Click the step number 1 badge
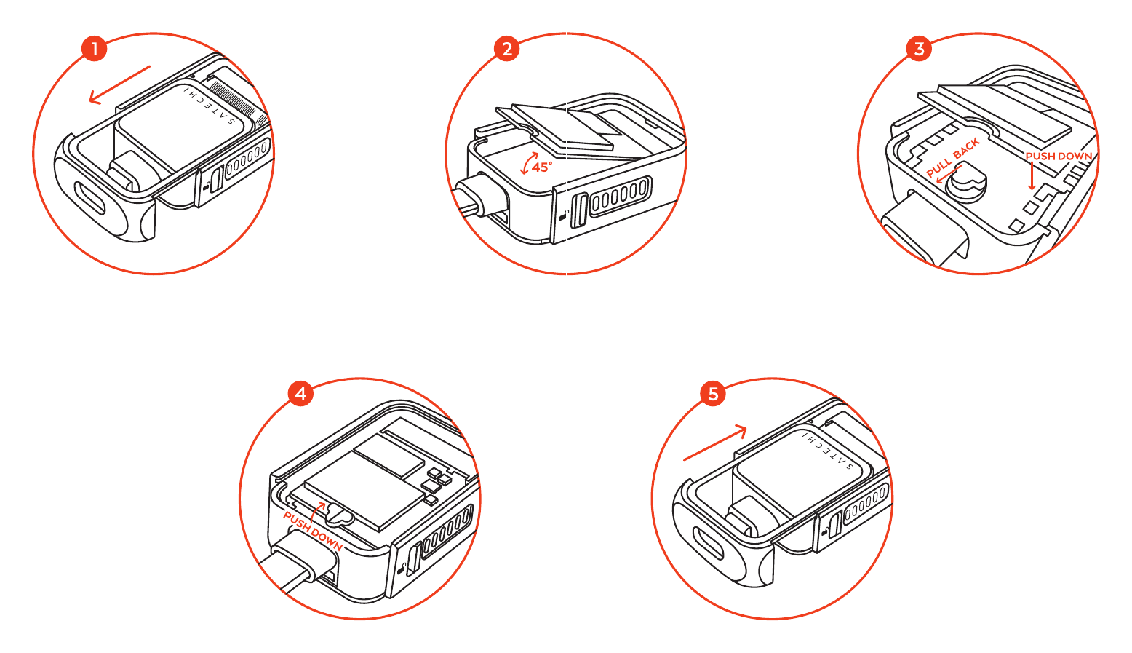pos(94,49)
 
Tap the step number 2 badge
pos(506,49)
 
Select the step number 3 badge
pos(919,49)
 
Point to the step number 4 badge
pos(300,393)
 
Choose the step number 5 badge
pos(713,393)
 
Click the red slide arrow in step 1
pos(120,84)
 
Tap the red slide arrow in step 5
pos(715,443)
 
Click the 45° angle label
pos(542,167)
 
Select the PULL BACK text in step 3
pos(953,157)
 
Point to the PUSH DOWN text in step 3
pos(1059,157)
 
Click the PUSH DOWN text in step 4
pos(312,531)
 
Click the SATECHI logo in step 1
pos(210,106)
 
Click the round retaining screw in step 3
pos(966,185)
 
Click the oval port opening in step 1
pos(90,198)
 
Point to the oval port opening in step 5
pos(709,543)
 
